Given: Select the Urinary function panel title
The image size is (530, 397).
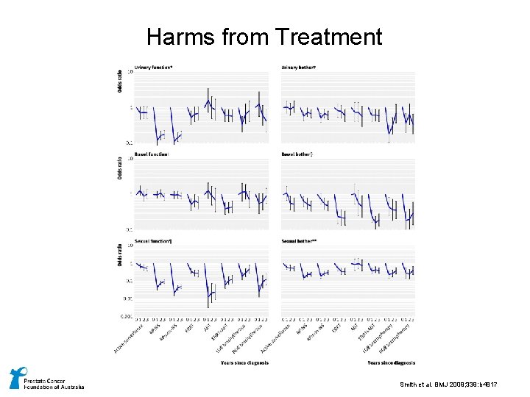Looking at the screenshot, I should [154, 68].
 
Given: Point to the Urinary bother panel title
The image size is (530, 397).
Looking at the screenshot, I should [299, 68].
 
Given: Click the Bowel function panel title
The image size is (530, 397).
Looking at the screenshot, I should [152, 154].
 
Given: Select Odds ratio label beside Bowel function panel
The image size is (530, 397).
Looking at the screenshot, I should [120, 168].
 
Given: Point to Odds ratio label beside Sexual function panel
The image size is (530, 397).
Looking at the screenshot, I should [120, 254].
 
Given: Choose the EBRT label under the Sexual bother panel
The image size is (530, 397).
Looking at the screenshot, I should [336, 328].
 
